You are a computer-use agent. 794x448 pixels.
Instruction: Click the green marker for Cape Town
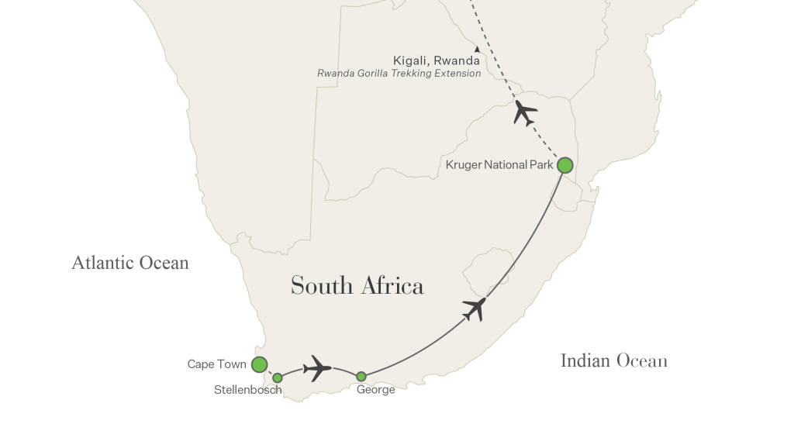click(x=260, y=364)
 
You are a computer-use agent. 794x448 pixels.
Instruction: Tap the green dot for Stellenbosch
click(x=278, y=378)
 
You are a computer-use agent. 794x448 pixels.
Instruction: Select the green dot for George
click(x=361, y=377)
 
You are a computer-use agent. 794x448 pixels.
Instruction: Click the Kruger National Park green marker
click(x=565, y=165)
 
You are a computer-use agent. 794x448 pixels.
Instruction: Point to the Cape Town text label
click(x=217, y=364)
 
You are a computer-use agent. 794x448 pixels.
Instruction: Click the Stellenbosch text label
click(x=247, y=390)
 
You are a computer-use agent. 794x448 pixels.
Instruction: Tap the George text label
click(x=375, y=390)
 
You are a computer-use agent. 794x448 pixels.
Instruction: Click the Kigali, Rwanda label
click(x=437, y=60)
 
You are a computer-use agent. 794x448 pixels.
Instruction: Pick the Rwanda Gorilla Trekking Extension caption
click(x=399, y=74)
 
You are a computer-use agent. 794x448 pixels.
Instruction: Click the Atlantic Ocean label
click(x=130, y=263)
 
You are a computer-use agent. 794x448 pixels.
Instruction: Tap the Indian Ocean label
click(x=613, y=360)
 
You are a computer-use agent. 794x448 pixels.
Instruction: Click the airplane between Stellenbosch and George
click(x=317, y=367)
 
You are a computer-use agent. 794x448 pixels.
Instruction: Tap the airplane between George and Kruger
click(x=474, y=308)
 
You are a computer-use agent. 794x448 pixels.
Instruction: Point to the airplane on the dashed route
click(x=525, y=113)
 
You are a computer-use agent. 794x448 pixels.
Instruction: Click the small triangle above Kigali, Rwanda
click(x=477, y=50)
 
